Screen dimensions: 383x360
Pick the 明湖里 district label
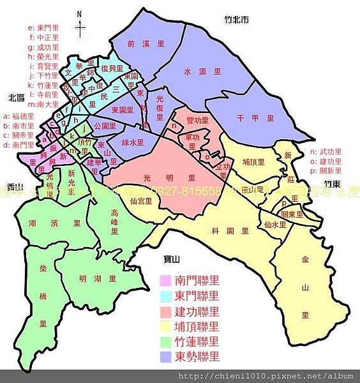coord(95,279)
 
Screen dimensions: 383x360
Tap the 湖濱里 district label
coord(54,223)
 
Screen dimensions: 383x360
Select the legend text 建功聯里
coord(196,312)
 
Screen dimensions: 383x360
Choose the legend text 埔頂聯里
coord(196,327)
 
